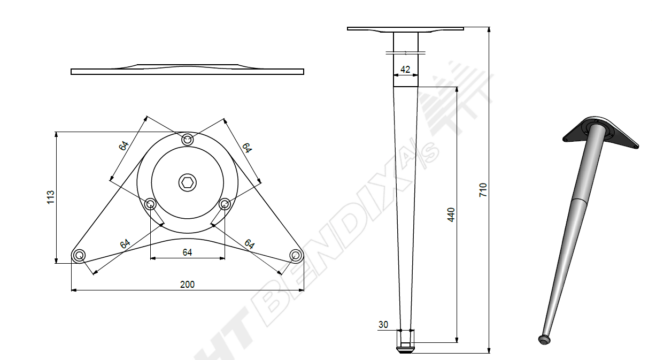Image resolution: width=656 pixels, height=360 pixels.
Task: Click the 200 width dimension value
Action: click(187, 285)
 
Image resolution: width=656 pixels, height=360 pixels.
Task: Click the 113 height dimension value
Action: click(51, 197)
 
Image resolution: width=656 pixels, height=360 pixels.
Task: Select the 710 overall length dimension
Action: click(483, 190)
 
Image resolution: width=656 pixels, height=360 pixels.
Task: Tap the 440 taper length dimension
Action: click(451, 215)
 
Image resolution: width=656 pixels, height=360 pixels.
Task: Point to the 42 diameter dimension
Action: click(405, 69)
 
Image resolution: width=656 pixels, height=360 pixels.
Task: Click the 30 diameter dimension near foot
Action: click(383, 325)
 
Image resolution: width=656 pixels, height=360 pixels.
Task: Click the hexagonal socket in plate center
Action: click(187, 182)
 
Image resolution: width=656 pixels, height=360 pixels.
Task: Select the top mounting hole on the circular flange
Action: click(187, 140)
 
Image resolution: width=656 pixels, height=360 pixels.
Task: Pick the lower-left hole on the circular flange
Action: click(151, 203)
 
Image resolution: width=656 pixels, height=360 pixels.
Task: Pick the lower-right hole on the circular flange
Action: click(225, 203)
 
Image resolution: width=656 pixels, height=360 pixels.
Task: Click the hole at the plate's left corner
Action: click(79, 255)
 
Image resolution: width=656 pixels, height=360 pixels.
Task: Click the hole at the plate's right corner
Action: click(295, 255)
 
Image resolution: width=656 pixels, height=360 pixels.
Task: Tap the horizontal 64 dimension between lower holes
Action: click(187, 252)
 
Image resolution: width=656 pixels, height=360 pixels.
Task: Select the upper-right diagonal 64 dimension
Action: click(246, 148)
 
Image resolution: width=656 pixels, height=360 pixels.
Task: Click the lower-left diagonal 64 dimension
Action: click(125, 244)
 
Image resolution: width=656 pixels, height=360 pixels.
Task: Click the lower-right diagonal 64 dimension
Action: click(249, 244)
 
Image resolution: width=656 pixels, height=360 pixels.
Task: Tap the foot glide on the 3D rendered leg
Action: click(544, 339)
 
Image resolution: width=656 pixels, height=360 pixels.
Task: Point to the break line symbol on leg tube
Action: click(405, 52)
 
